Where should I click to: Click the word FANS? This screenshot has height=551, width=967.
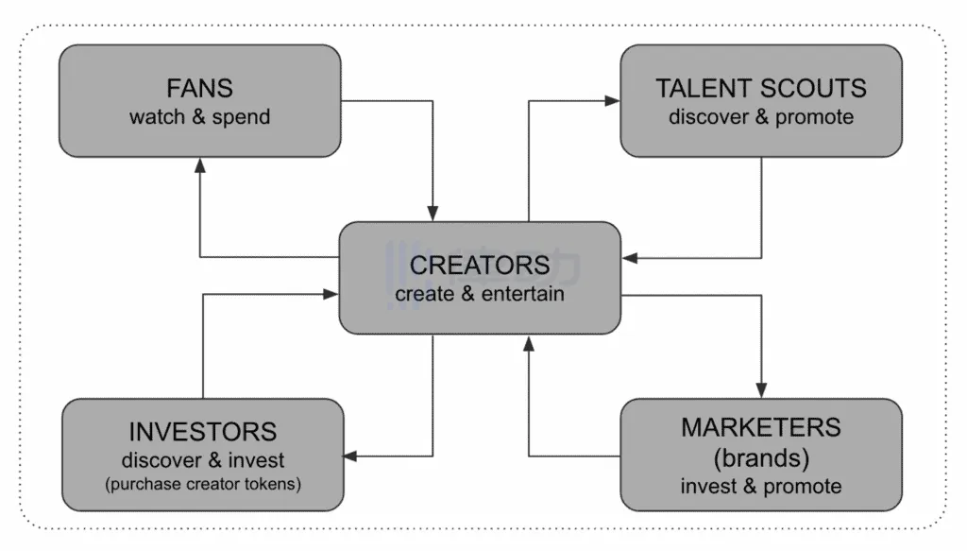point(199,90)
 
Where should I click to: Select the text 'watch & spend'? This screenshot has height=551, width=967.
point(199,118)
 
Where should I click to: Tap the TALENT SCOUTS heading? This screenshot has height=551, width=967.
point(761,90)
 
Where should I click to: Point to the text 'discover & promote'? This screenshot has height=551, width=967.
point(761,118)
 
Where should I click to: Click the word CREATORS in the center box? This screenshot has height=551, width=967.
point(480,265)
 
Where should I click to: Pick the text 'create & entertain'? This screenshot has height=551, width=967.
point(480,294)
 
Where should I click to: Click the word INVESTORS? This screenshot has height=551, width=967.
point(203,433)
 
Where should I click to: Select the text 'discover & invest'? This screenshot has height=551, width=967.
point(203,461)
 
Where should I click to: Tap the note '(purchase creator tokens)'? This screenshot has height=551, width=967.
point(203,486)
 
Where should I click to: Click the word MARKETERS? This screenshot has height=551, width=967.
point(761,427)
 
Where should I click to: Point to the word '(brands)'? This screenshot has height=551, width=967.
point(761,456)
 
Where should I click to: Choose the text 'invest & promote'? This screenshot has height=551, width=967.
point(761,487)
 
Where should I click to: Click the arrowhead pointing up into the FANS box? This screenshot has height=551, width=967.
point(199,164)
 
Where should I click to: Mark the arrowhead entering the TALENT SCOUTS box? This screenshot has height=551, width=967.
point(613,99)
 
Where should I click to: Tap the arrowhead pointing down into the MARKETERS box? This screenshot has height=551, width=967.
point(761,390)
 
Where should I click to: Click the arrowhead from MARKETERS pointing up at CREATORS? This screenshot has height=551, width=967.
point(528,342)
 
